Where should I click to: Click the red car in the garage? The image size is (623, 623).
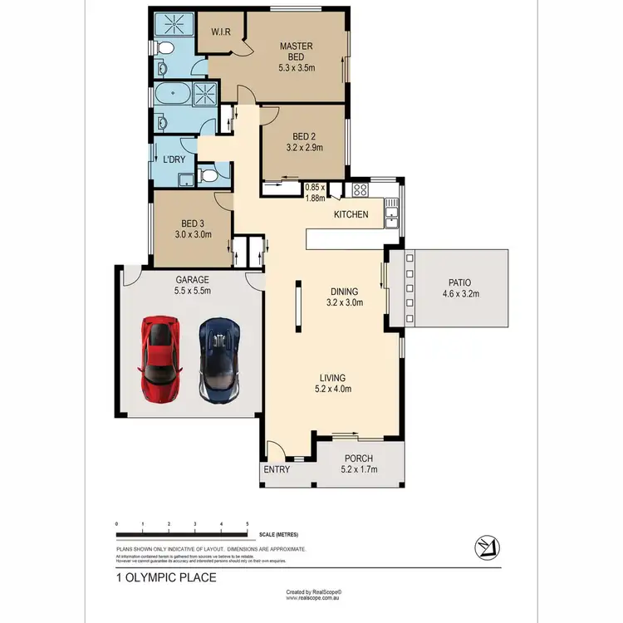161,358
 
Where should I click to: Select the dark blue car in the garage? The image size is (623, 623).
219,358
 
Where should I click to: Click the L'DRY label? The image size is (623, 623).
174,159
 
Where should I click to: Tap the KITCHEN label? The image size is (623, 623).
351,215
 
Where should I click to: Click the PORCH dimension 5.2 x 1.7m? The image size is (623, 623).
359,470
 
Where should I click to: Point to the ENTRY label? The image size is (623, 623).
277,470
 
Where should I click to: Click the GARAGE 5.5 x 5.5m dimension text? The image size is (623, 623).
192,291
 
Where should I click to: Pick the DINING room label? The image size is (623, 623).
344,292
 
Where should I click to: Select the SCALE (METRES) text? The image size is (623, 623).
278,534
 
